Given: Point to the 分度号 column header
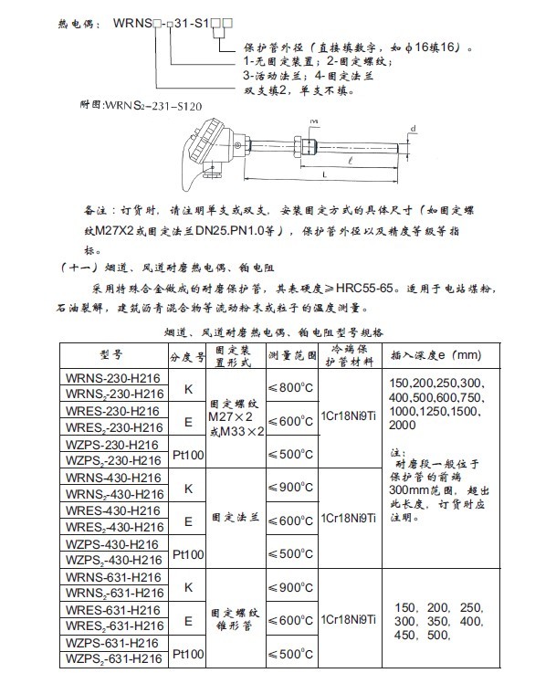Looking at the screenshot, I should click(x=189, y=354).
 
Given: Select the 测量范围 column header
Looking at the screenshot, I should click(x=292, y=354).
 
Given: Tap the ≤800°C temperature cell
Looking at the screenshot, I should click(x=292, y=388).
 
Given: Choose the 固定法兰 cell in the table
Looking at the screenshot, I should click(x=236, y=517).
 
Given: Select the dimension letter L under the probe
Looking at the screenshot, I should click(x=326, y=174).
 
